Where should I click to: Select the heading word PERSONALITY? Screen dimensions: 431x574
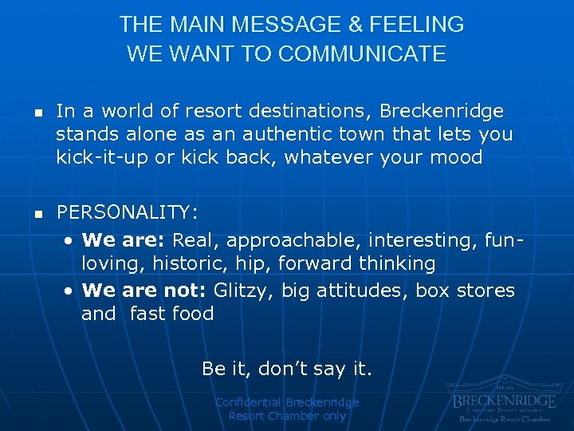127,213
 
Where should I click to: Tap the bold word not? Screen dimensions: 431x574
187,290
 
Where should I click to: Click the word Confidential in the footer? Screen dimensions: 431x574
249,402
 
